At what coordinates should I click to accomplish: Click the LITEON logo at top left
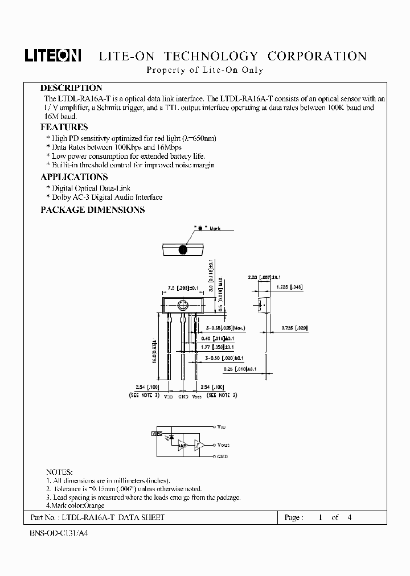point(53,55)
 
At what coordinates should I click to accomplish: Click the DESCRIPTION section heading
point(71,88)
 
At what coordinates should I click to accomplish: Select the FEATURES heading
point(64,127)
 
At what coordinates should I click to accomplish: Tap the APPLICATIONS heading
point(74,177)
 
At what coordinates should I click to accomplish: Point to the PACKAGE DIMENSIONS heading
point(92,209)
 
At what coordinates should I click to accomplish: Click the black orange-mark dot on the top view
point(183,249)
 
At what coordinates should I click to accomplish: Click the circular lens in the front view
point(183,305)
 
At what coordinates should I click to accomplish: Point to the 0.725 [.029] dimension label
point(294,327)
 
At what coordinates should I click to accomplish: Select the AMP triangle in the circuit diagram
point(182,445)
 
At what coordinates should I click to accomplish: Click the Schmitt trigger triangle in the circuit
point(200,445)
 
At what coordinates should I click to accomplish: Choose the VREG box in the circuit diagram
point(154,434)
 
